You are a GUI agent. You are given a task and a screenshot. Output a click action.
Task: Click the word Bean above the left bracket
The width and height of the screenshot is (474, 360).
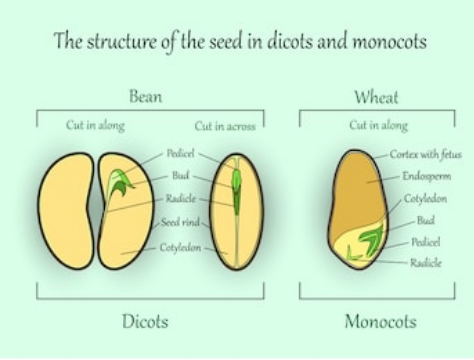click(x=146, y=96)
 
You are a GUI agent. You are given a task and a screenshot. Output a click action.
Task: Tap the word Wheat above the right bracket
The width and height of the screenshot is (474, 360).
click(x=376, y=97)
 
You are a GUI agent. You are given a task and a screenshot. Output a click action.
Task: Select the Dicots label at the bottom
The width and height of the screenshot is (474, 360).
click(x=145, y=321)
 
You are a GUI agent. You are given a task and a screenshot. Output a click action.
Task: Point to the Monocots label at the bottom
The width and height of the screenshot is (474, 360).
click(x=381, y=322)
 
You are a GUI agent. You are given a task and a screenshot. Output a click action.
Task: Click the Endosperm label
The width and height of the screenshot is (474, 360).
click(x=427, y=176)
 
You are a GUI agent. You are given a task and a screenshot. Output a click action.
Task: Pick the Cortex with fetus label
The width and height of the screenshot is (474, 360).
click(x=426, y=154)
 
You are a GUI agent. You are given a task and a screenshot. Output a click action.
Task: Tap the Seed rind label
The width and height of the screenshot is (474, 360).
click(x=180, y=222)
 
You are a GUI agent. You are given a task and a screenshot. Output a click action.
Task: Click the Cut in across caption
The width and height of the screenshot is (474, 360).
click(x=225, y=126)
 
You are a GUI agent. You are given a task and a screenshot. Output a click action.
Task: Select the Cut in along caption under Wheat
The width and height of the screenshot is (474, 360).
click(x=379, y=125)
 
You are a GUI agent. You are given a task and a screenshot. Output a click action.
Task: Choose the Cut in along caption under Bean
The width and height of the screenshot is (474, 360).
click(x=95, y=125)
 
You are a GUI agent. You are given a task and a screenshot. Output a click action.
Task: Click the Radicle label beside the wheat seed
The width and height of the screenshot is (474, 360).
click(x=426, y=263)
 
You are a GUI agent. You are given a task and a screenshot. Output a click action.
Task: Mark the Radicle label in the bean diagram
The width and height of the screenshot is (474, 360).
click(x=181, y=199)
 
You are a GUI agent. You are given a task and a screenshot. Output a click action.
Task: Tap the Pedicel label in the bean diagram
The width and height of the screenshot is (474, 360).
click(x=180, y=153)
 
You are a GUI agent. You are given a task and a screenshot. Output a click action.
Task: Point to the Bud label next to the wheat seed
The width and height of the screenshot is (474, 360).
click(x=426, y=220)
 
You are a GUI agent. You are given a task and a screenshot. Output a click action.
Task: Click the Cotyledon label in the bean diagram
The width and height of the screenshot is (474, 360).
click(x=180, y=247)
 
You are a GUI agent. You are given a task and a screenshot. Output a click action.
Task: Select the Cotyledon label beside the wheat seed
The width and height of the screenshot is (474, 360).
click(x=425, y=199)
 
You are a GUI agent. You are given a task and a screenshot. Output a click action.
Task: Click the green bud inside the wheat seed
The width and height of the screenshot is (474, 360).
click(x=371, y=238)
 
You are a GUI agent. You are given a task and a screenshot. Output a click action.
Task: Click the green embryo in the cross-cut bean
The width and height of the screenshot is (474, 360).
click(x=236, y=192)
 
